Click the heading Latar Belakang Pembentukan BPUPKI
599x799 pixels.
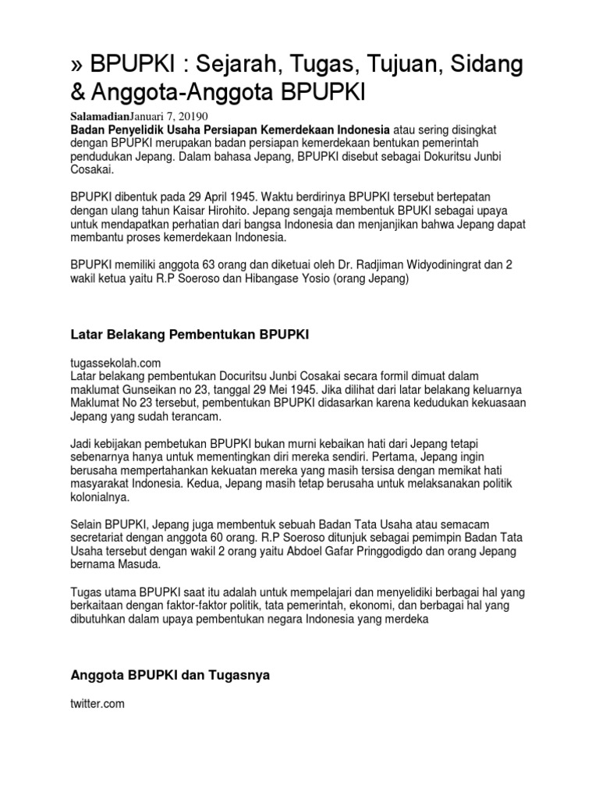point(190,335)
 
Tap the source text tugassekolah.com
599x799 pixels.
point(115,363)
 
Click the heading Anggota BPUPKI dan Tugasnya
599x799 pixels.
point(170,676)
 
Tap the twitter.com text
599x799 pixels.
point(97,704)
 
